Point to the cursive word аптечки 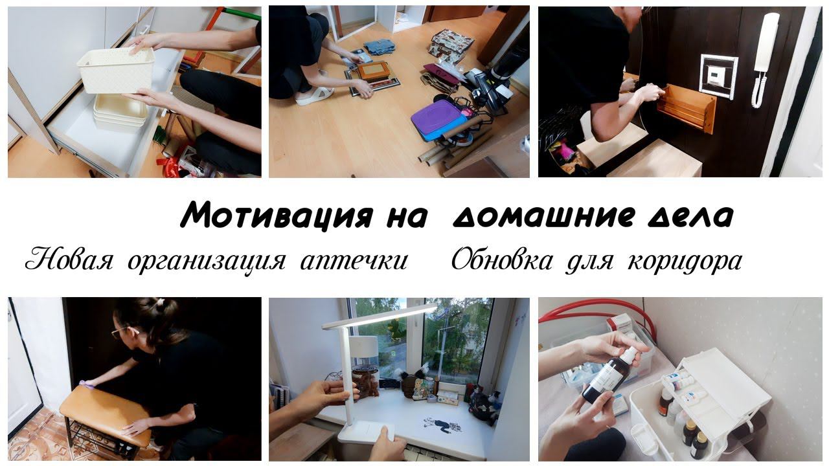(354, 261)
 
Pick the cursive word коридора (685, 262)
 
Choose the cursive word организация (207, 263)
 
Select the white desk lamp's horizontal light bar (380, 316)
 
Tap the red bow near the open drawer (168, 164)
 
